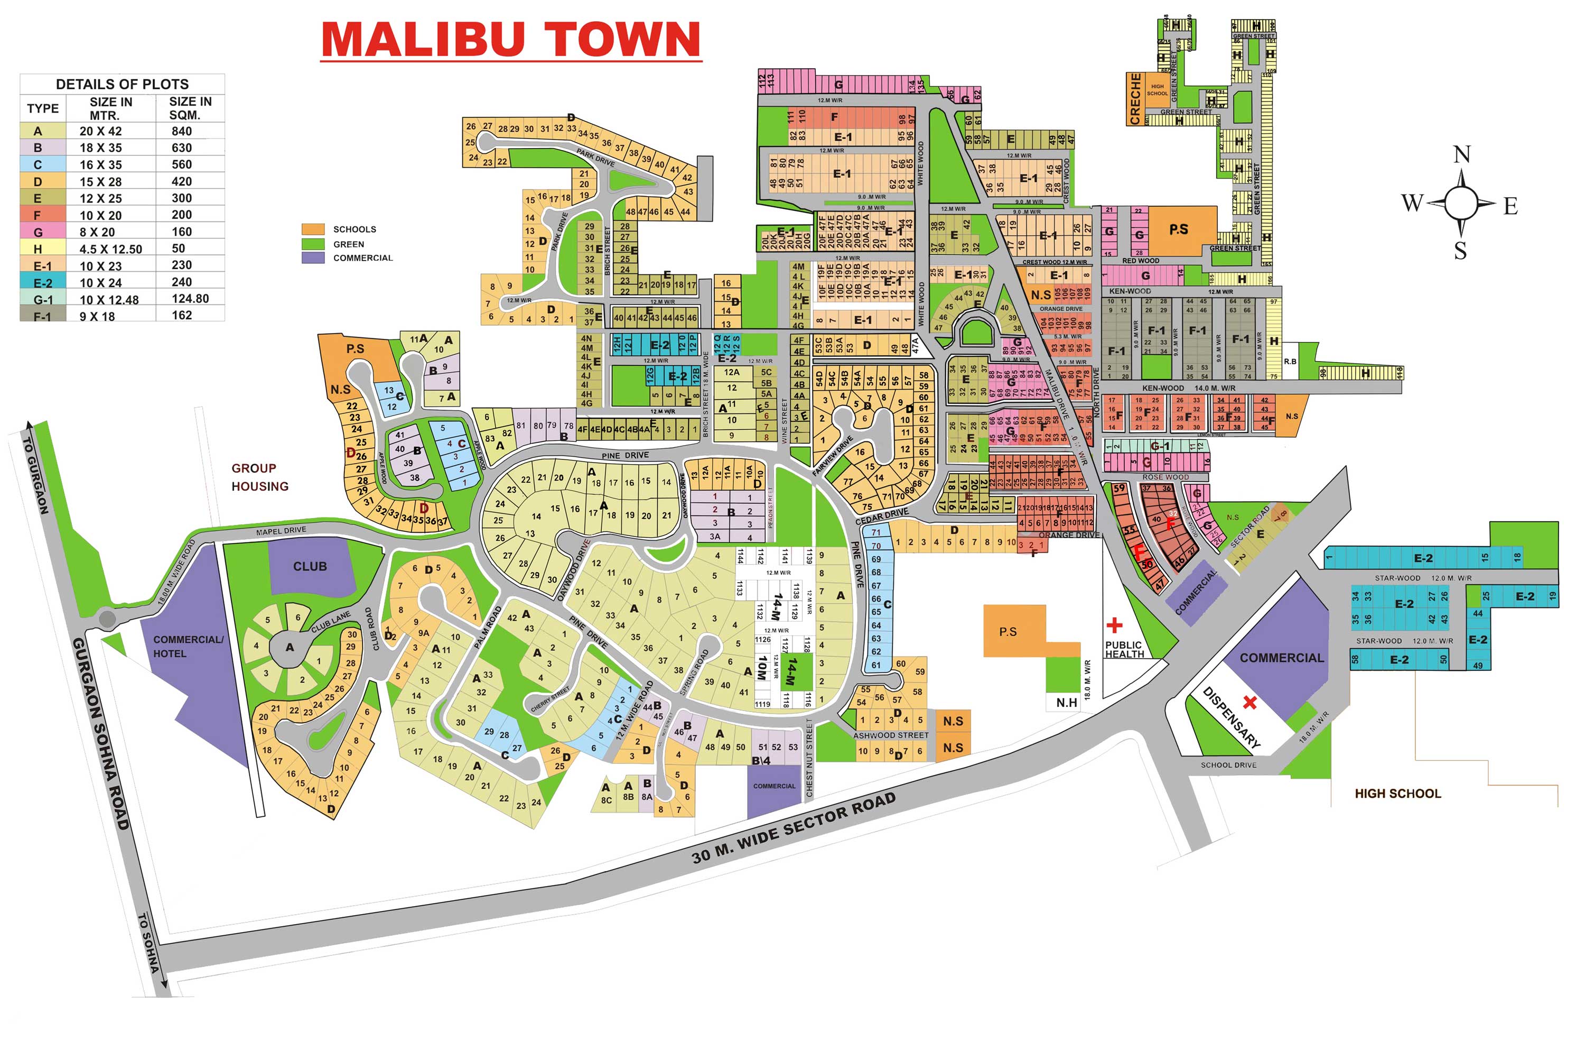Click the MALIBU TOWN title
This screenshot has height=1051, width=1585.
click(510, 40)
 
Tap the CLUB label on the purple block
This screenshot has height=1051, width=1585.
click(310, 566)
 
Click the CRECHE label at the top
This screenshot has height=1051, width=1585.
click(1134, 99)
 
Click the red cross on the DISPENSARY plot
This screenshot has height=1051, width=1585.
click(1250, 703)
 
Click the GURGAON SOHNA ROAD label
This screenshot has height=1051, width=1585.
click(100, 733)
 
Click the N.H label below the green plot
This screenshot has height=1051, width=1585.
click(1067, 703)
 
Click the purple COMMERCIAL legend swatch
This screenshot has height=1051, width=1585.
click(313, 257)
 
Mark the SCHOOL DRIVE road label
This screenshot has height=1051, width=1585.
click(1228, 765)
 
